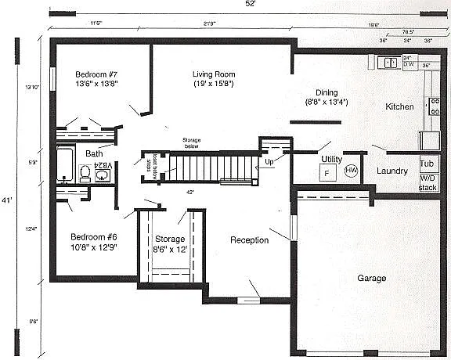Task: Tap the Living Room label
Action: click(215, 74)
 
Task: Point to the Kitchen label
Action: click(399, 106)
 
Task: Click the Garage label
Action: click(372, 278)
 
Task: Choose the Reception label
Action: click(249, 240)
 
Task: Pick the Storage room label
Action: click(170, 239)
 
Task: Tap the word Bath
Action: click(94, 153)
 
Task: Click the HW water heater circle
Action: click(352, 171)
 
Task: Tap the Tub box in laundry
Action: click(427, 164)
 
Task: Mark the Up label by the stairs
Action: click(269, 162)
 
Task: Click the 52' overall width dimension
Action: click(249, 5)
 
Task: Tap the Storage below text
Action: click(191, 142)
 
